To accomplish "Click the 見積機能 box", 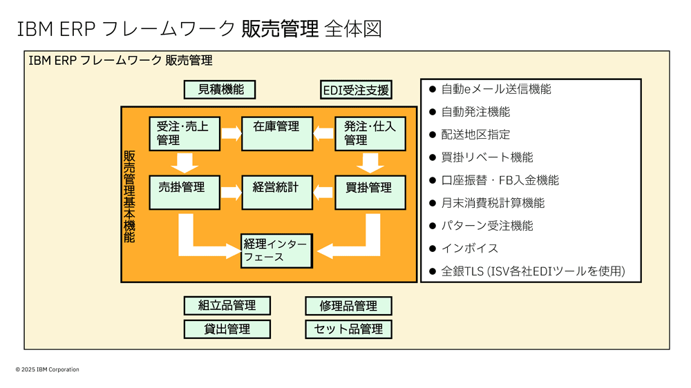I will (219, 90).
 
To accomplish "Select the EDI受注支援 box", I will (356, 90).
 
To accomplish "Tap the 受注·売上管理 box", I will (184, 133).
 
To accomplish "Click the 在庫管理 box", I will (276, 133).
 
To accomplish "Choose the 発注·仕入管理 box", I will (370, 133).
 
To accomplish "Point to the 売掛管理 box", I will (184, 193).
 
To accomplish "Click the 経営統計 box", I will (276, 193).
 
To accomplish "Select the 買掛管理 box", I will (370, 193).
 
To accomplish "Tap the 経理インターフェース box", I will (276, 251).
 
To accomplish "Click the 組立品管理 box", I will (227, 306).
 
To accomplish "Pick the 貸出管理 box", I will (227, 329).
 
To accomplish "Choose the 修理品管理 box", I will (348, 306).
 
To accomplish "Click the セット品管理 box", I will (348, 329).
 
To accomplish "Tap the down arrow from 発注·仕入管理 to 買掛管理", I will (370, 162).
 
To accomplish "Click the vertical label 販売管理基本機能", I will (129, 197).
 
